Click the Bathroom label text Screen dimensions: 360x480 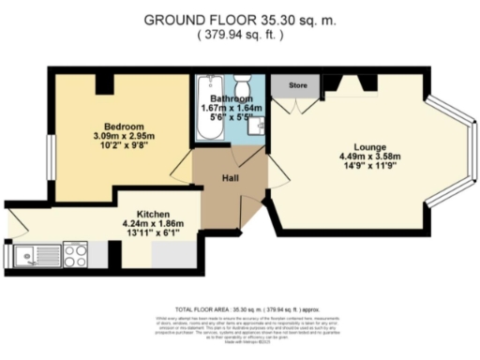pos(232,98)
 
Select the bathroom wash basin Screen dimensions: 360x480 pos(259,127)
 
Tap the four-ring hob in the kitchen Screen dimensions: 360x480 pos(75,253)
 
